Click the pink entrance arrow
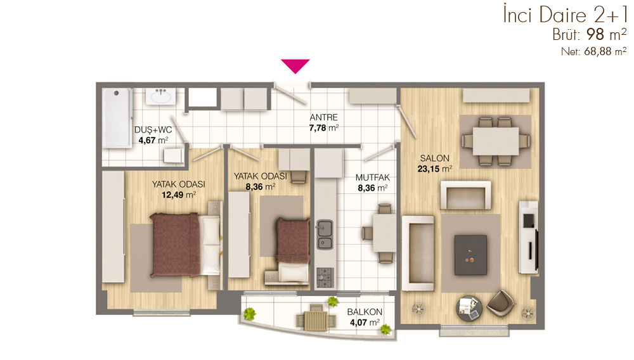[295, 65]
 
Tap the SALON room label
[435, 158]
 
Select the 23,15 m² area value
[435, 169]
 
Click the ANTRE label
[324, 118]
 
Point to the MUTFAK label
[373, 177]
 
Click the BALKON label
[365, 312]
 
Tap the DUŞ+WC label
[153, 130]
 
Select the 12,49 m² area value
[179, 195]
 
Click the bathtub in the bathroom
[117, 118]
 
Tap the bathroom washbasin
[161, 96]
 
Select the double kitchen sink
[324, 235]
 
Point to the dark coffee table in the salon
[470, 255]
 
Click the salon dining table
[496, 141]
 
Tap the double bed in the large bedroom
[186, 245]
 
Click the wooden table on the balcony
[316, 321]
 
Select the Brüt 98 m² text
[590, 35]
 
